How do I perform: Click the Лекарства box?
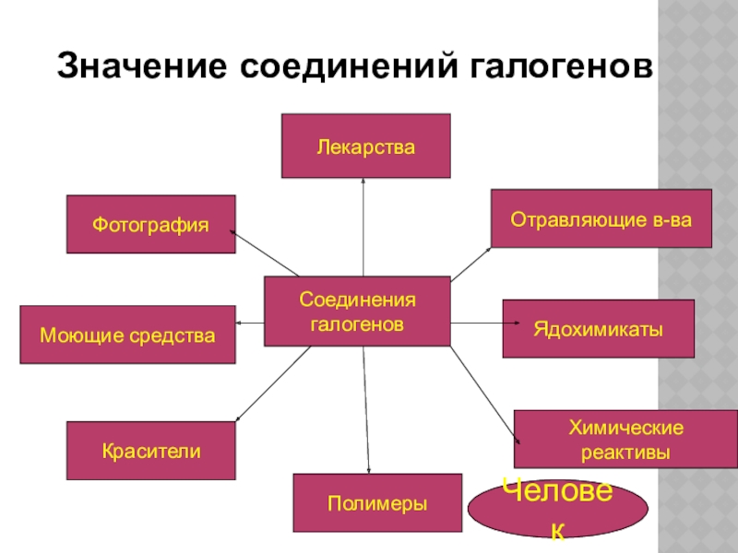pos(365,146)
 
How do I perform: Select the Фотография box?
pos(150,224)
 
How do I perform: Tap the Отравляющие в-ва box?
pos(601,218)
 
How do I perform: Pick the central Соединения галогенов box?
pos(357,312)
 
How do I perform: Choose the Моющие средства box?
pos(127,335)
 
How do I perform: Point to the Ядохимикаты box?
pos(598,329)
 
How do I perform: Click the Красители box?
pos(150,451)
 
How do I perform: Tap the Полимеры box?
pos(376,503)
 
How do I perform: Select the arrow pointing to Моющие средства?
pos(250,323)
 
